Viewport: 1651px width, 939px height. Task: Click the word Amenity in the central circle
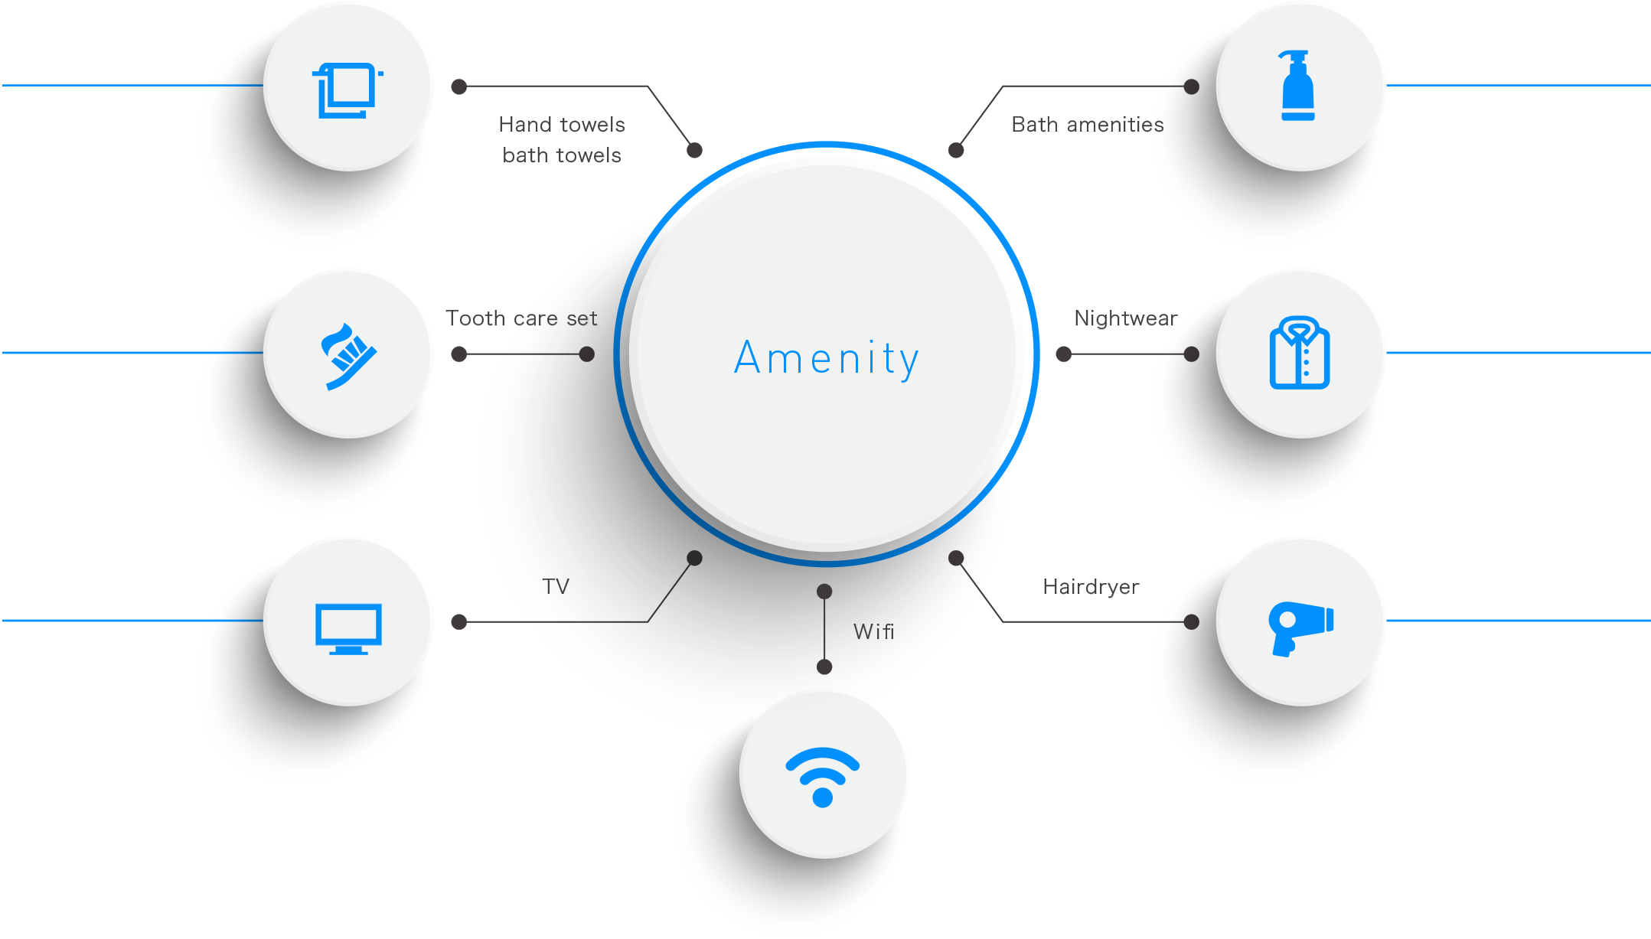coord(826,358)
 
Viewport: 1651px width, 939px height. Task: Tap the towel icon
coord(348,90)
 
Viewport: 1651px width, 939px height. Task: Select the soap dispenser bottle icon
coord(1297,86)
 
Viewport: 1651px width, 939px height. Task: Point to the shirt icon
coord(1299,353)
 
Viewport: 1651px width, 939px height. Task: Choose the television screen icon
coord(348,628)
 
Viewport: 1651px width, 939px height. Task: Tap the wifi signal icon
coord(823,775)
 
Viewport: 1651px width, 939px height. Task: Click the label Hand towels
coord(561,125)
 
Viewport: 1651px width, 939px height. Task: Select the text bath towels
coord(561,155)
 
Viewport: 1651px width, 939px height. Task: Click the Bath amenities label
coord(1087,125)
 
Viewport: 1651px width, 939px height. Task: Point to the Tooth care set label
coord(521,318)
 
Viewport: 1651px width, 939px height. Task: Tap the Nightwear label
coord(1125,318)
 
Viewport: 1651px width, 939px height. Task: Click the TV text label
coord(556,587)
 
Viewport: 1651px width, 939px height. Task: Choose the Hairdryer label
coord(1091,587)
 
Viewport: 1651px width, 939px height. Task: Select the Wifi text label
coord(873,631)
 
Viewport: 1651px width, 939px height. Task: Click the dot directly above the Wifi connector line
coord(824,592)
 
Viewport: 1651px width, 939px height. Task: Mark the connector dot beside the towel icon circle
coord(459,86)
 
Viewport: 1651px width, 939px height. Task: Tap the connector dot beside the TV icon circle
coord(459,621)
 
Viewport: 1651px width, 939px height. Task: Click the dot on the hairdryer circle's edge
coord(1191,621)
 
